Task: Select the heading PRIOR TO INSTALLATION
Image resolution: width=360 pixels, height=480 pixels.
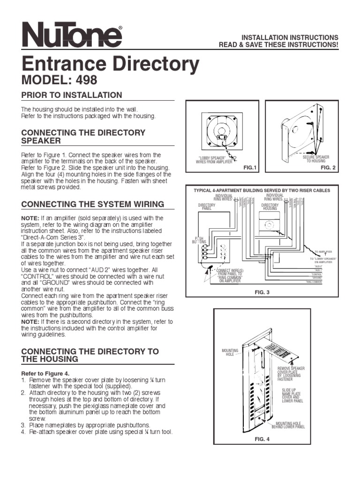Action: (72, 95)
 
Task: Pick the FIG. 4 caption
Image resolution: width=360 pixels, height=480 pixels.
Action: (262, 439)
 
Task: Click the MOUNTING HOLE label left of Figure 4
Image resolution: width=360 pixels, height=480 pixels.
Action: (230, 352)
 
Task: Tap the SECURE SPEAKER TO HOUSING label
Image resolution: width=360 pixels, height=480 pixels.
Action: (315, 159)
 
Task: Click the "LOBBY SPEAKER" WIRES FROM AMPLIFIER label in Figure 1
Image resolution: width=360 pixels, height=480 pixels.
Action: (214, 160)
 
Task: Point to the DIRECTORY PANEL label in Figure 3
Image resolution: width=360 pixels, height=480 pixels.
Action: (207, 207)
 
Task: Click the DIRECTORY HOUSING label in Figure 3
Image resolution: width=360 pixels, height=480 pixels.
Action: (270, 207)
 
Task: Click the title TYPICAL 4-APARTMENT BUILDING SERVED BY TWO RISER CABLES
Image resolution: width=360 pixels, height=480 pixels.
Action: (262, 190)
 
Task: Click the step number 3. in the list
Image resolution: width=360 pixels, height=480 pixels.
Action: (23, 425)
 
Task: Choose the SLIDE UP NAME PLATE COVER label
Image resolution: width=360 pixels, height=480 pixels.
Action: (292, 395)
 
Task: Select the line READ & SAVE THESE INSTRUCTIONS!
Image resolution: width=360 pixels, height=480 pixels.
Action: (278, 45)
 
